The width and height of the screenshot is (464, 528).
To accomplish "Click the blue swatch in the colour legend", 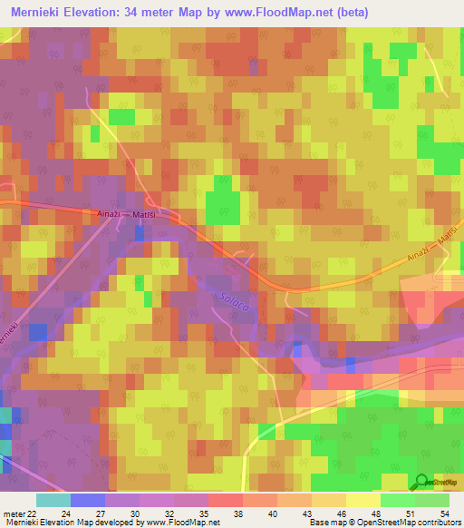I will (x=87, y=500).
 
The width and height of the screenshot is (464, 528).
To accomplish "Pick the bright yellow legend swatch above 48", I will (x=362, y=500).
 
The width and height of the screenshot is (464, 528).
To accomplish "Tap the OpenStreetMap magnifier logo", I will (x=422, y=481).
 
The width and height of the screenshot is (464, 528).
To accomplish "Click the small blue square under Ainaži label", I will (x=139, y=233).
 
